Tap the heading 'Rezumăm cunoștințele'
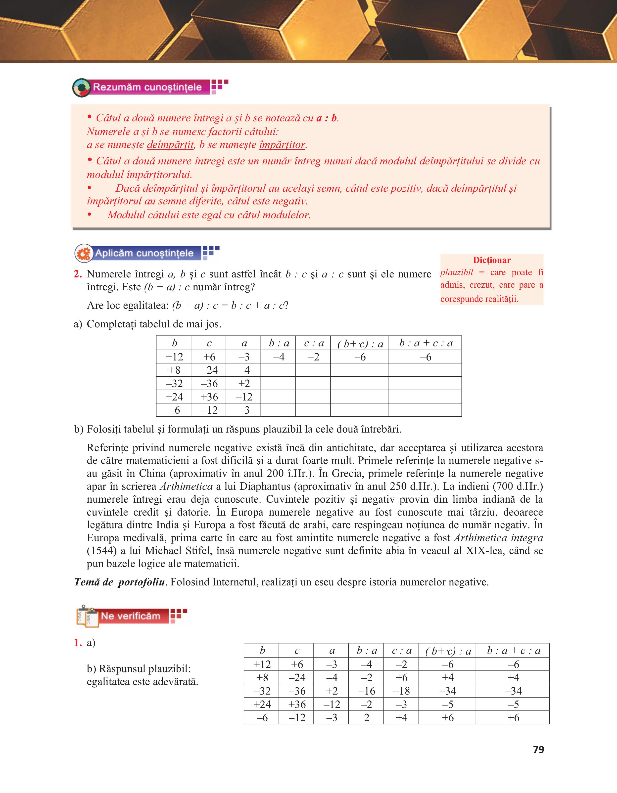(x=147, y=87)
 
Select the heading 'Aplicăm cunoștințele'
(x=144, y=253)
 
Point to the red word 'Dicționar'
(x=492, y=260)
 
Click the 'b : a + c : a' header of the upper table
(x=425, y=343)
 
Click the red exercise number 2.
(x=78, y=274)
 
